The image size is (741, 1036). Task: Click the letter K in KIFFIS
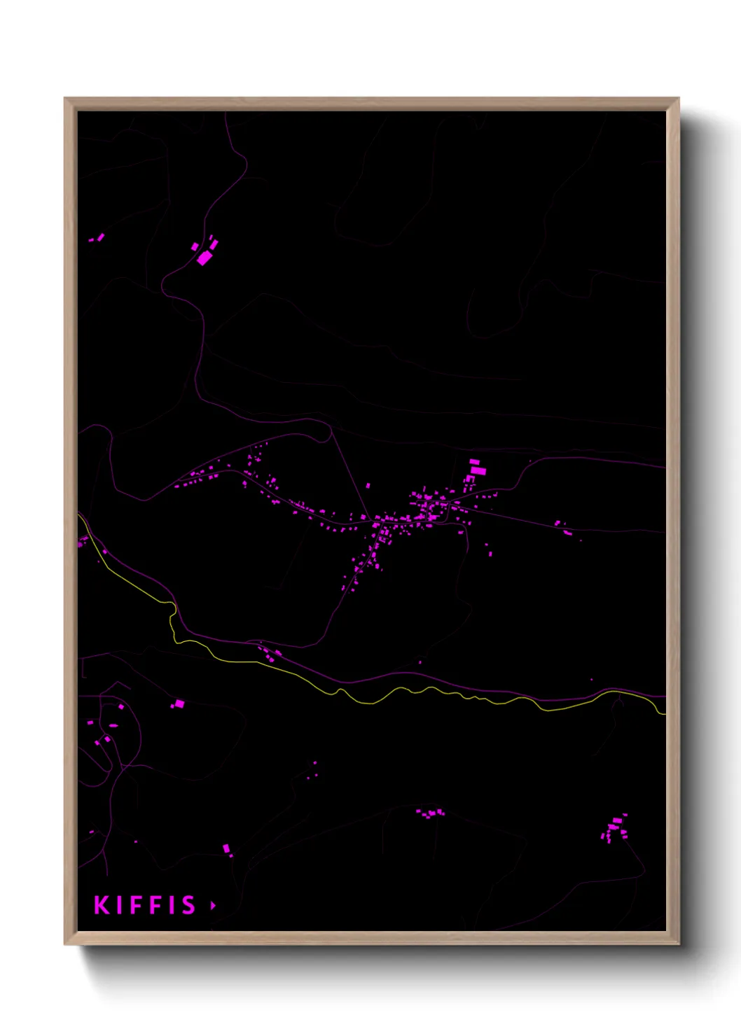point(102,905)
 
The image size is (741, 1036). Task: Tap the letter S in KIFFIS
point(188,905)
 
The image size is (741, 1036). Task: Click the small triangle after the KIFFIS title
point(213,905)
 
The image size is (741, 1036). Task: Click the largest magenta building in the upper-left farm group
point(204,258)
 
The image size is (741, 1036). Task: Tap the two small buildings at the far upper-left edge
point(97,238)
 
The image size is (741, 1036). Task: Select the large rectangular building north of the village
point(478,470)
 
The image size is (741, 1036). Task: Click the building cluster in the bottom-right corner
point(615,829)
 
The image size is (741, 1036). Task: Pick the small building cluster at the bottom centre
point(431,813)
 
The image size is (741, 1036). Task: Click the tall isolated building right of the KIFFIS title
point(226,848)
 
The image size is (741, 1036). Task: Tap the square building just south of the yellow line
point(179,703)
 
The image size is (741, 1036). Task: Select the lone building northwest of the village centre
point(368,484)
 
